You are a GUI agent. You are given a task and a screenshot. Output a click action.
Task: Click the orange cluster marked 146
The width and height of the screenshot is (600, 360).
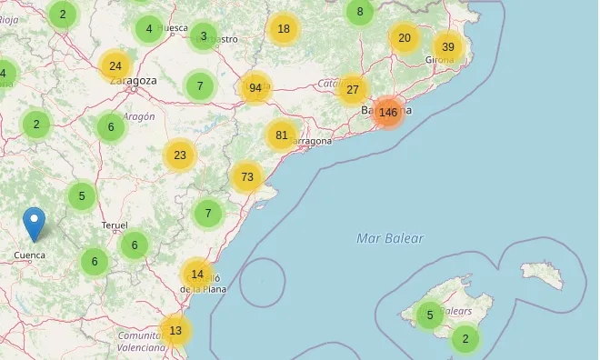click(x=388, y=113)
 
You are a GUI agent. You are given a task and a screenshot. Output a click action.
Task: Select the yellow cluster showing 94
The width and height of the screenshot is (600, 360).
click(x=255, y=88)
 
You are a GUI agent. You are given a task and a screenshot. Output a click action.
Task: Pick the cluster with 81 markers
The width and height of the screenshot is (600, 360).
click(x=282, y=135)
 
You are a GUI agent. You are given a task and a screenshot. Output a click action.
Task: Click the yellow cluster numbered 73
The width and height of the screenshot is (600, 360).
click(x=247, y=176)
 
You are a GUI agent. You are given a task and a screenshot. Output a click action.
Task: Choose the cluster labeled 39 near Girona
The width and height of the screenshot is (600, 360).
click(x=447, y=47)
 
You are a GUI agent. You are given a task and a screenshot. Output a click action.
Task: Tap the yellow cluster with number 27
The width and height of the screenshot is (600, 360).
click(x=353, y=89)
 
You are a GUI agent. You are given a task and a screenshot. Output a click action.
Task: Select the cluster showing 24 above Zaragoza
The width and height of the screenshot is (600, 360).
click(x=115, y=65)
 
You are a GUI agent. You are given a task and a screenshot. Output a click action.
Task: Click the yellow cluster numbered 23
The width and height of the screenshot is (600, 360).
click(x=180, y=155)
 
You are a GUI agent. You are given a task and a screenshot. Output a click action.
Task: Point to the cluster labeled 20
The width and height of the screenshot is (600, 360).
click(x=405, y=38)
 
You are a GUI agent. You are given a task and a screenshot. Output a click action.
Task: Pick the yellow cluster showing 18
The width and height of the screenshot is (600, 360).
click(x=284, y=29)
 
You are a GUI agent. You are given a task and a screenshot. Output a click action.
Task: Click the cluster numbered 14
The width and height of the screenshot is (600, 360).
click(x=197, y=274)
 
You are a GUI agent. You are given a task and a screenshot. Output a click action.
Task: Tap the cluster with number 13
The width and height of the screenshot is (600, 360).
click(x=175, y=331)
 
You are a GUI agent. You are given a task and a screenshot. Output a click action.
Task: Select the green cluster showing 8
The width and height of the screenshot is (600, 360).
click(x=360, y=12)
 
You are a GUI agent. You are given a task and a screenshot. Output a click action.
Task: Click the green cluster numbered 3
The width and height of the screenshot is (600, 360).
click(x=204, y=36)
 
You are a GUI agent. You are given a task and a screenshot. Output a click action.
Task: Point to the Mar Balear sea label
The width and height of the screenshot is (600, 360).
click(x=390, y=238)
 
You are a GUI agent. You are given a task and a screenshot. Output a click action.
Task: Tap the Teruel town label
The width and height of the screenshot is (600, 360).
click(x=115, y=225)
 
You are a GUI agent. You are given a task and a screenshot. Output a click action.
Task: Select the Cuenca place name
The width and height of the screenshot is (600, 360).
click(x=30, y=255)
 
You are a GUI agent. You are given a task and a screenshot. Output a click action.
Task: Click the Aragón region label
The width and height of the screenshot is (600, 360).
click(x=139, y=116)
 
